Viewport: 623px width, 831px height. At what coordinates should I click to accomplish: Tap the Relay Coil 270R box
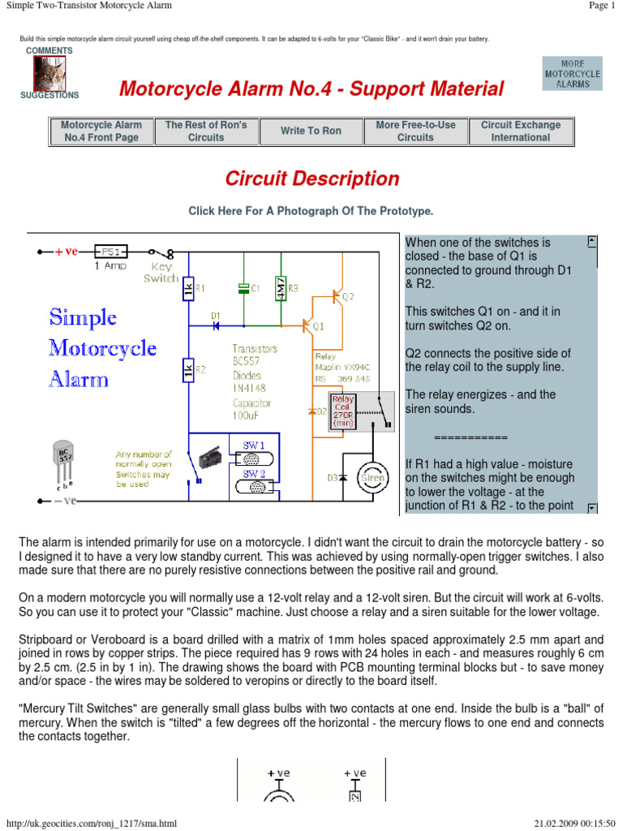click(x=342, y=410)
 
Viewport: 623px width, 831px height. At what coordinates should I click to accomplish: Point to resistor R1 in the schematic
click(x=188, y=289)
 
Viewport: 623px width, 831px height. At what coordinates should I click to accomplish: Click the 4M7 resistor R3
click(x=281, y=289)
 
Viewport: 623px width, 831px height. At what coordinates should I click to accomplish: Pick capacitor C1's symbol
click(x=243, y=288)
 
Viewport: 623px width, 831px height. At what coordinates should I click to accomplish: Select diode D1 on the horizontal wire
click(x=216, y=325)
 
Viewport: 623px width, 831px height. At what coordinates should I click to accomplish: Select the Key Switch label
click(x=161, y=272)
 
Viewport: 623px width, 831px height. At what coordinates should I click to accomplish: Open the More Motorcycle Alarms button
click(x=572, y=73)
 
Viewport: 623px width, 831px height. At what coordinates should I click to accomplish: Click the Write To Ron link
click(x=311, y=131)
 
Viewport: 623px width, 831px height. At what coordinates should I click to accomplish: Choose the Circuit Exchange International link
click(x=520, y=131)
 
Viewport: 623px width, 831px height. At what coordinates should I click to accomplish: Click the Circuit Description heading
click(x=311, y=179)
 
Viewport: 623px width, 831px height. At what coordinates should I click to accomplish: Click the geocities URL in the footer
click(x=92, y=823)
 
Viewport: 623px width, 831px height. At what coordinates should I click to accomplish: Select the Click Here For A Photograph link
click(x=311, y=211)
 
